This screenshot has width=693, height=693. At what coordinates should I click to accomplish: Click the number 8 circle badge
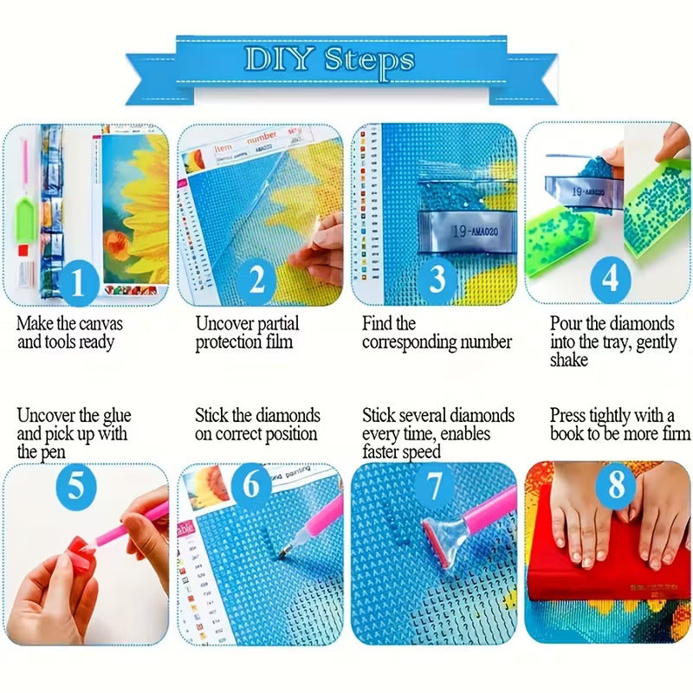616,485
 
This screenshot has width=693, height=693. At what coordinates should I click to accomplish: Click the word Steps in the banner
370,60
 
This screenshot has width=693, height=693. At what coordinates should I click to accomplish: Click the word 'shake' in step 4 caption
568,359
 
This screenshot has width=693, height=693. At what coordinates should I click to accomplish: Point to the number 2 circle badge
256,281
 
